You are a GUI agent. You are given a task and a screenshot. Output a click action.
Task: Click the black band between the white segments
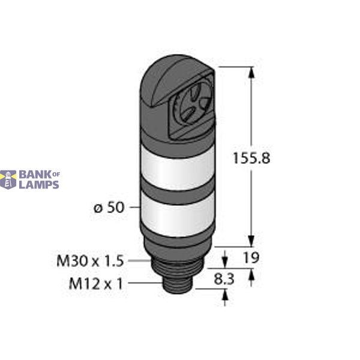click(169, 191)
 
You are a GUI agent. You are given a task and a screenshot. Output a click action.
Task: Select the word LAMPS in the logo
click(39, 185)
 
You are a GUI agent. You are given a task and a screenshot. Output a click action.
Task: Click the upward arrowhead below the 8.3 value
click(226, 295)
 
